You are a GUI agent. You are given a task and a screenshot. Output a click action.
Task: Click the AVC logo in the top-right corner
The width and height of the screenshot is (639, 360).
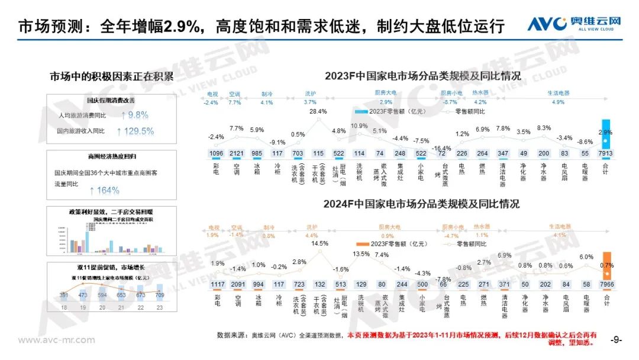(x=574, y=24)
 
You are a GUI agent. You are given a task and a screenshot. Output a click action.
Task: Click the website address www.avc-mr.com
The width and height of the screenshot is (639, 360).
(x=56, y=340)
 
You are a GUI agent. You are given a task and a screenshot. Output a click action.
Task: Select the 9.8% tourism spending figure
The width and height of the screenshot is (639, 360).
(x=135, y=115)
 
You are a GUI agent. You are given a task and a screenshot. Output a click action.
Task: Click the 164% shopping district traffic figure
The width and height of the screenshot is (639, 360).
(x=105, y=191)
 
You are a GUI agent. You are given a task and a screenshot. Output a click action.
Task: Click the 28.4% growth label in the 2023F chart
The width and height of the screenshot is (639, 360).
(x=318, y=111)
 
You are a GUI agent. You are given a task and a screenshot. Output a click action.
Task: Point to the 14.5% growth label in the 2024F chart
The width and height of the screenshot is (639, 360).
(x=319, y=243)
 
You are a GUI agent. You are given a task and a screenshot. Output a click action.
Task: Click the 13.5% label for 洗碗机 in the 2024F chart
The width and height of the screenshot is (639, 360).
(x=360, y=254)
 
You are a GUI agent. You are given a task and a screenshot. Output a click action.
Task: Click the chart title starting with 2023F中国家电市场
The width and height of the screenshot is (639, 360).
(x=422, y=76)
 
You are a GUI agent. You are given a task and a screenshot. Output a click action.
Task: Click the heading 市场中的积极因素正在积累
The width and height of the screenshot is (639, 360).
(x=112, y=76)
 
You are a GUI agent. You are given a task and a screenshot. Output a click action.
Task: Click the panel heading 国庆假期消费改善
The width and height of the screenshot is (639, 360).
(x=111, y=100)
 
